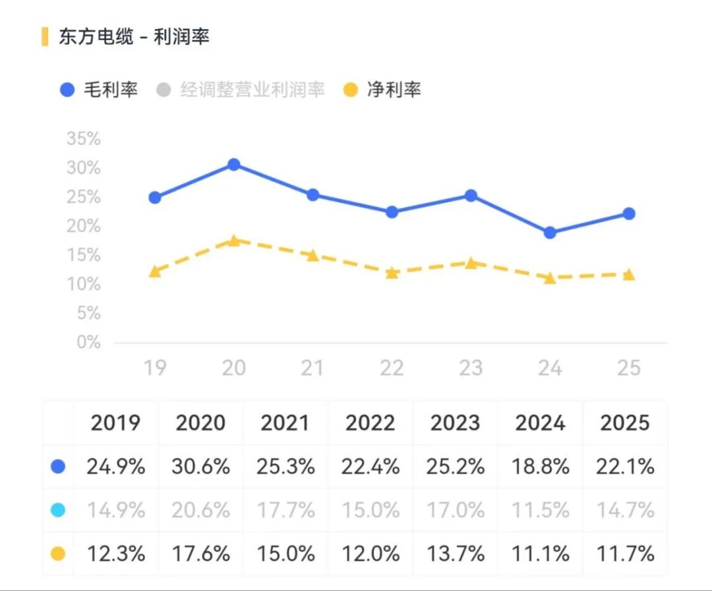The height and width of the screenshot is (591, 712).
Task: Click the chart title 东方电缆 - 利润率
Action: tap(134, 37)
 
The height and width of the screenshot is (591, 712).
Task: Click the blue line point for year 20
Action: tap(233, 164)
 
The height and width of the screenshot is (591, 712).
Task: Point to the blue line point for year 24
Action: tap(550, 233)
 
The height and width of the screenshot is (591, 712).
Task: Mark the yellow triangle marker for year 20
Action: tap(233, 240)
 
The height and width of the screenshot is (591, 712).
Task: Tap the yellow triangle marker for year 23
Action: tap(471, 263)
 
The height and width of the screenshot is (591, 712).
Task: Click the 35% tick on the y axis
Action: tap(84, 139)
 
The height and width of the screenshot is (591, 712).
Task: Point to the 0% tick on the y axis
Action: tap(88, 343)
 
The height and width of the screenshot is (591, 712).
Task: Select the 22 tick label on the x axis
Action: tap(392, 368)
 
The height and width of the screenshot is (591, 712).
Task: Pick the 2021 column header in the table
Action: tap(285, 423)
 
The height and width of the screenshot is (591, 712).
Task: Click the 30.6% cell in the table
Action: tap(200, 467)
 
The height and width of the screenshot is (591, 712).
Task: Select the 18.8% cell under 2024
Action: tap(541, 467)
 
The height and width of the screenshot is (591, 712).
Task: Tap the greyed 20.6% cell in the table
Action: tap(200, 511)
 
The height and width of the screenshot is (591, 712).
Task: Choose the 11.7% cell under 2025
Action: tap(626, 554)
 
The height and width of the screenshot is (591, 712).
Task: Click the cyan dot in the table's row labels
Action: tap(58, 511)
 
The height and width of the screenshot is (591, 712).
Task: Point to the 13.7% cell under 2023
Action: tap(456, 554)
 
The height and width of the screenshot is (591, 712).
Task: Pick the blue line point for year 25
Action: tap(629, 213)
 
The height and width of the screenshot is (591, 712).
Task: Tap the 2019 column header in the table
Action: tap(115, 423)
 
